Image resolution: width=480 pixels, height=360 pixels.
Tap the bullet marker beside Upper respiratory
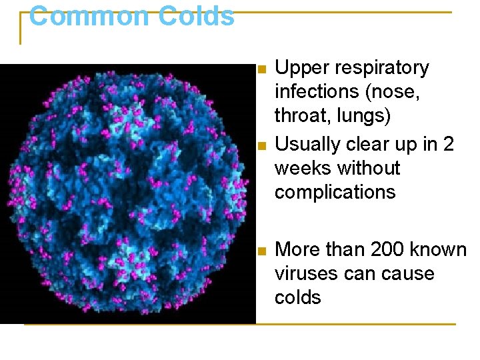tap(262, 69)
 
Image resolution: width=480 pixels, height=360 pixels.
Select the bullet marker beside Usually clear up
tap(262, 145)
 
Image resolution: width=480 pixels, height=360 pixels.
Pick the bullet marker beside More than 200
tap(262, 251)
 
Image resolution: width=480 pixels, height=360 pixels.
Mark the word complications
tap(335, 193)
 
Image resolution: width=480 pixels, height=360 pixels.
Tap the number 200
tap(383, 249)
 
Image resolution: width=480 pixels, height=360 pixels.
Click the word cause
tap(407, 274)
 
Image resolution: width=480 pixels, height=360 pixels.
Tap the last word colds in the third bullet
tap(298, 297)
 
